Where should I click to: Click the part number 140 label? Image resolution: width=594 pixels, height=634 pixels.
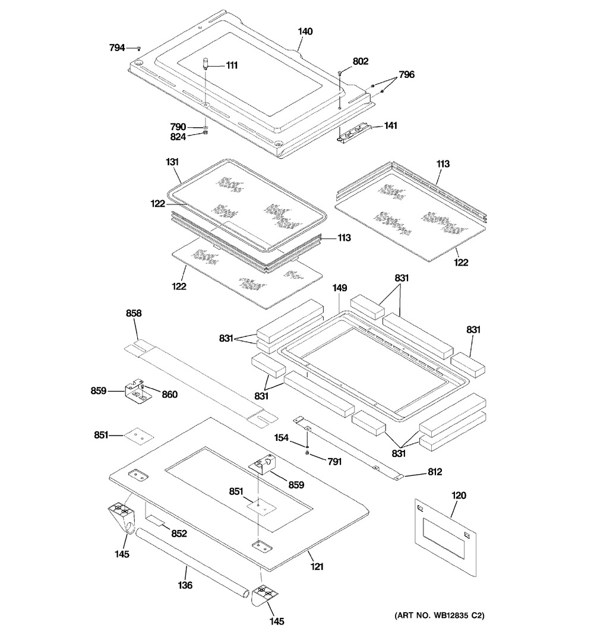pyautogui.click(x=305, y=31)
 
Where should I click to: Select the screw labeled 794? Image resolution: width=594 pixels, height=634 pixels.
pyautogui.click(x=138, y=48)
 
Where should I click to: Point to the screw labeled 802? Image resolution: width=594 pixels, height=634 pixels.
pyautogui.click(x=340, y=72)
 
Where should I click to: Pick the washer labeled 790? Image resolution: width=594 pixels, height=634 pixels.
pyautogui.click(x=205, y=127)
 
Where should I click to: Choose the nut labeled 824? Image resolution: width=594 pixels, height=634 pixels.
pyautogui.click(x=205, y=134)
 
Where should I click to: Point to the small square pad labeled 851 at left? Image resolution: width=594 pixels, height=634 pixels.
pyautogui.click(x=137, y=436)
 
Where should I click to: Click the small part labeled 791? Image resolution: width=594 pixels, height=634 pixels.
pyautogui.click(x=307, y=453)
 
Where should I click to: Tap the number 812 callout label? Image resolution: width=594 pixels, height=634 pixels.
pyautogui.click(x=435, y=472)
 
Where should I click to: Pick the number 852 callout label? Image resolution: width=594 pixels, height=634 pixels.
pyautogui.click(x=179, y=534)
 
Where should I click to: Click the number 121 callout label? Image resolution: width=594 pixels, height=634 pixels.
pyautogui.click(x=317, y=567)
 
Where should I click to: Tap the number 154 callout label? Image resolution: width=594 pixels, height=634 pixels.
pyautogui.click(x=281, y=438)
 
